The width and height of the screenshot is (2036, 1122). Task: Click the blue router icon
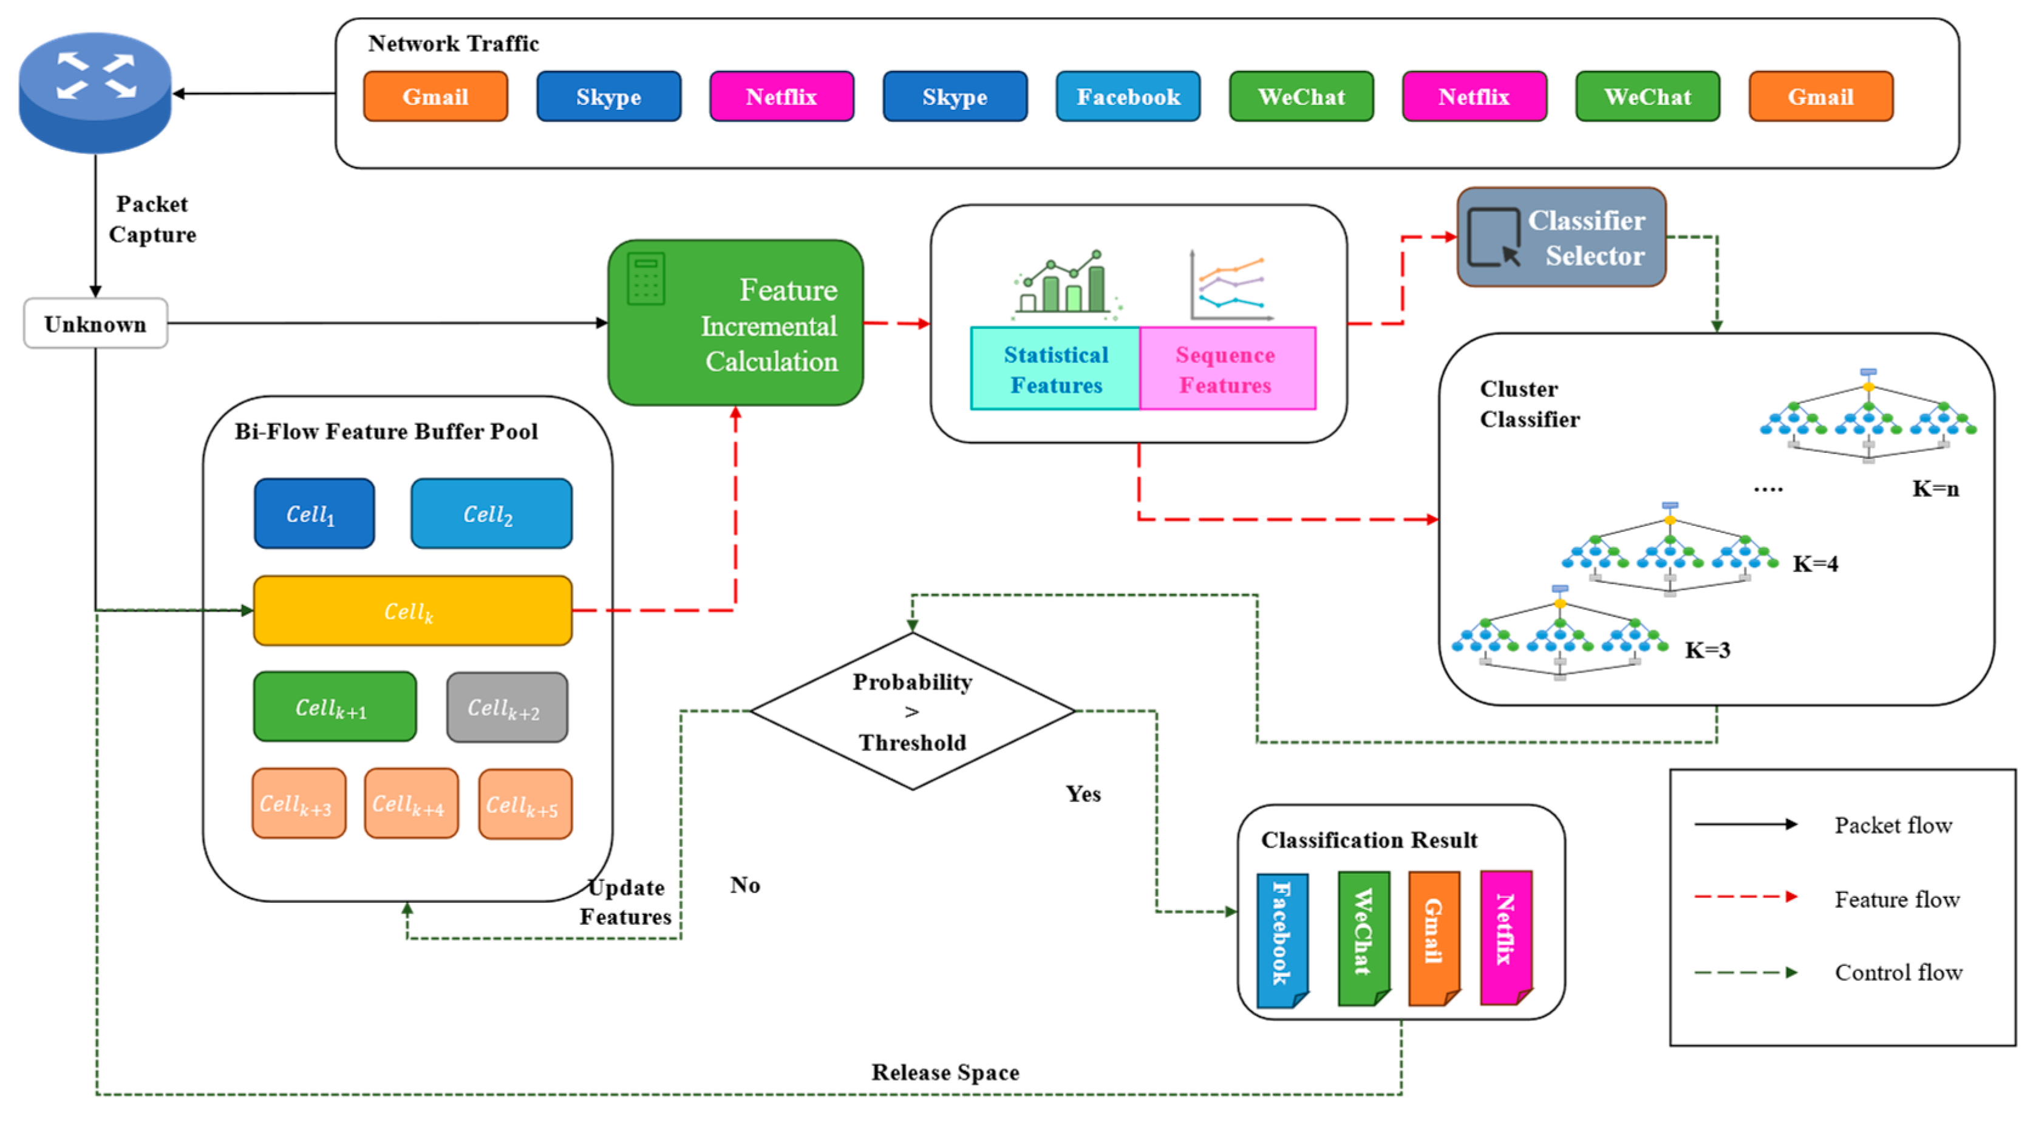95,91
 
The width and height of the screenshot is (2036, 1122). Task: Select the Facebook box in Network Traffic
1128,97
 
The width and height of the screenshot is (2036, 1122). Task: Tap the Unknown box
95,323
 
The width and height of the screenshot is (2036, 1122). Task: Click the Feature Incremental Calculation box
735,323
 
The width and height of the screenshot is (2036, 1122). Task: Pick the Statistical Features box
1055,369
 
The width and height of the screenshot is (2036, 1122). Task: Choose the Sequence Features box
1227,369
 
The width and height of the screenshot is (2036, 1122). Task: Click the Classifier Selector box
1561,237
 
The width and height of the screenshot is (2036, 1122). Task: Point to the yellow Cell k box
412,611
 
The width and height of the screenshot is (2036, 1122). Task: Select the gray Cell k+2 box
506,707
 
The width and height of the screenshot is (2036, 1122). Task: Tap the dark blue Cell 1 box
314,514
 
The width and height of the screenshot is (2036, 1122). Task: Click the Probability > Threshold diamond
912,711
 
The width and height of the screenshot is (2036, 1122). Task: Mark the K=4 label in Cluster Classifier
1815,563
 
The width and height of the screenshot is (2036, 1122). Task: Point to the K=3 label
1707,650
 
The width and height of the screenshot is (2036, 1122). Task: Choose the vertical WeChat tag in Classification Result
1363,938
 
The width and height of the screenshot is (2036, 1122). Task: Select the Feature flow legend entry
1897,899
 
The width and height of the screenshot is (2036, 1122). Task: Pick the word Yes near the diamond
1083,794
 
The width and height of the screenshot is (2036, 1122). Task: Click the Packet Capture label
152,219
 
